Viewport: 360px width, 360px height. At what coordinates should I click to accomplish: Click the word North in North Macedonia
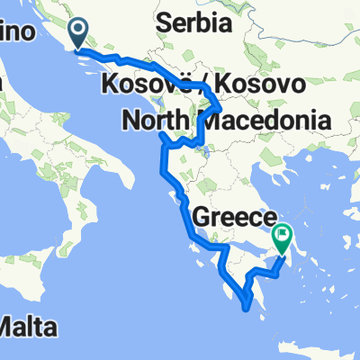point(155,118)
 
